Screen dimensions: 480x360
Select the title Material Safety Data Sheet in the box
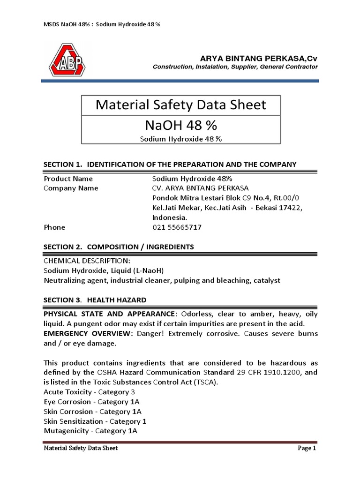click(x=181, y=105)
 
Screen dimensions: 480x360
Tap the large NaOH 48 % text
click(x=181, y=126)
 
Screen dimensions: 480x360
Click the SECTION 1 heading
click(x=170, y=164)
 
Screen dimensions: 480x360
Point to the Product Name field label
click(x=68, y=179)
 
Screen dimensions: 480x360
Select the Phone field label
click(x=54, y=227)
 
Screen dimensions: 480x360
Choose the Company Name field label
click(x=71, y=188)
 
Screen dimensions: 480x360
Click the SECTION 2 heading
click(x=119, y=247)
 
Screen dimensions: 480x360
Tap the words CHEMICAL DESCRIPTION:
click(x=87, y=261)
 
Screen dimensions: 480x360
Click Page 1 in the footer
click(x=307, y=449)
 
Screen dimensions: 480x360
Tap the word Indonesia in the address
click(x=170, y=217)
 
